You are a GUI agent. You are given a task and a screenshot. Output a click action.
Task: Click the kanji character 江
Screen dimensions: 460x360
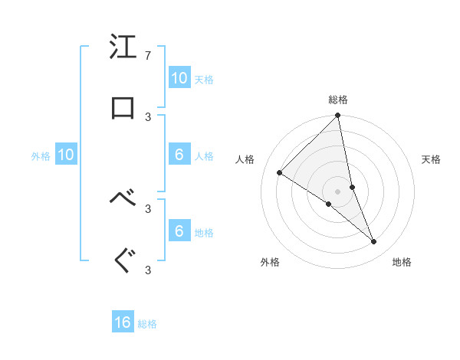(x=123, y=47)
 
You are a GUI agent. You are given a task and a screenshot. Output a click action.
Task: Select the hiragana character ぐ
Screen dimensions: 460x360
(x=123, y=260)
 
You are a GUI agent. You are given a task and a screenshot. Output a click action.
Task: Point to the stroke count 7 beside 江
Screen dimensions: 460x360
(x=147, y=56)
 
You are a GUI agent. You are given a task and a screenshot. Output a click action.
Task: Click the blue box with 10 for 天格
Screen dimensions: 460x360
(x=179, y=77)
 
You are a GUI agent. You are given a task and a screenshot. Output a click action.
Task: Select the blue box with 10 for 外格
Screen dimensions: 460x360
(x=66, y=155)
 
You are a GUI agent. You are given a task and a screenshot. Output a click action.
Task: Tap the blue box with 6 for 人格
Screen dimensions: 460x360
(x=179, y=155)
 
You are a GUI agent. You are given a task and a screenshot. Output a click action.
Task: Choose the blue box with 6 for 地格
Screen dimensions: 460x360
(x=179, y=231)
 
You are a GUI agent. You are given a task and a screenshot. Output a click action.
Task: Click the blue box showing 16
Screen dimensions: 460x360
(x=123, y=322)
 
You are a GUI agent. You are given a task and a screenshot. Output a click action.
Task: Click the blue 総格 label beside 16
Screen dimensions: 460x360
(x=147, y=324)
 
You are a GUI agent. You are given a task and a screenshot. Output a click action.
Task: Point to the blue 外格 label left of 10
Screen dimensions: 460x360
(x=41, y=156)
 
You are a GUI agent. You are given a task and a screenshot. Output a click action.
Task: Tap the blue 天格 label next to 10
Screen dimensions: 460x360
(x=204, y=79)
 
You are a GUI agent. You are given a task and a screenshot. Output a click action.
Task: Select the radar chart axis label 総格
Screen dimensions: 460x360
(x=338, y=100)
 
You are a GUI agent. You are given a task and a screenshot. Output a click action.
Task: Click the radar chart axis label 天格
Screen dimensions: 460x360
(x=432, y=159)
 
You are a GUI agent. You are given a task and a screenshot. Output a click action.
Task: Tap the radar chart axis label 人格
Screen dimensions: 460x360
(x=245, y=159)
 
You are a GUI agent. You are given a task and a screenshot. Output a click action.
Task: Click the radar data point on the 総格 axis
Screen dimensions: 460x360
(x=338, y=116)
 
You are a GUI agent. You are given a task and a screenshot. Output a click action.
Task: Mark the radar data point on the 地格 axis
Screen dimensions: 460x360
(x=374, y=241)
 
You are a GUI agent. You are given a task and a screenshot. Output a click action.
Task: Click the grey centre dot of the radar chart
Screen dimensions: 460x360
(x=338, y=191)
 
